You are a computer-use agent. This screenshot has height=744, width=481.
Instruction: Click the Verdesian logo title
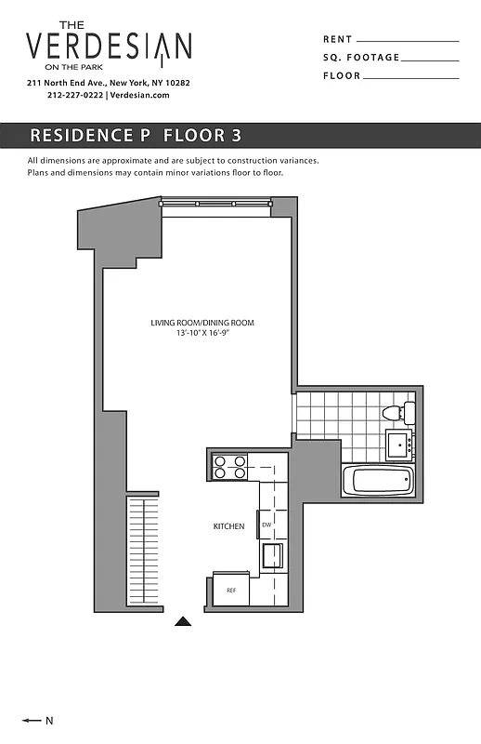click(109, 46)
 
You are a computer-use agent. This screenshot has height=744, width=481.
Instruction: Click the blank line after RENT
click(408, 41)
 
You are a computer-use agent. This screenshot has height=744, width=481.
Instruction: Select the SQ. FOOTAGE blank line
click(431, 60)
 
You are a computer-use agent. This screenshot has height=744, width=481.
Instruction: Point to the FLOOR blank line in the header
click(411, 77)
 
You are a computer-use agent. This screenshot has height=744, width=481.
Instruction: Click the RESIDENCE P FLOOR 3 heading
click(136, 135)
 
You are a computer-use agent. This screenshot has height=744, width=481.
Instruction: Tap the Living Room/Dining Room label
click(202, 323)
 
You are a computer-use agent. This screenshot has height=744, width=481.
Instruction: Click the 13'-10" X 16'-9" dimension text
click(202, 333)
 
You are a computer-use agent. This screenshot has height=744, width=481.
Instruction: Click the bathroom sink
click(400, 444)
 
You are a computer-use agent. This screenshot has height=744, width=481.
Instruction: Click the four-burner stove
click(229, 466)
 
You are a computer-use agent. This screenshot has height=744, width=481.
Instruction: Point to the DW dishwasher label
click(266, 525)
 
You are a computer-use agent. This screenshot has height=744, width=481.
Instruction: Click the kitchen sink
click(273, 555)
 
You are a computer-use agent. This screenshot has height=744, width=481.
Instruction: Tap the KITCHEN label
click(228, 526)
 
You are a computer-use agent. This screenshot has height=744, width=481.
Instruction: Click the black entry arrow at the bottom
click(184, 621)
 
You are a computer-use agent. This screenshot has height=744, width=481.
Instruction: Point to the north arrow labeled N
click(37, 720)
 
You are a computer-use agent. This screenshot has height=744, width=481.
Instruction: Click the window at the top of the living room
click(215, 201)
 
